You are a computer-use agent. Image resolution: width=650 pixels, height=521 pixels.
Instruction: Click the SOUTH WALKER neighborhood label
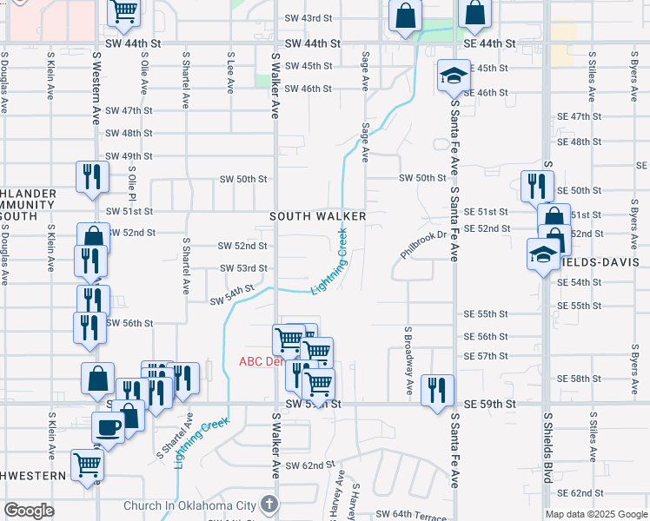pos(317,215)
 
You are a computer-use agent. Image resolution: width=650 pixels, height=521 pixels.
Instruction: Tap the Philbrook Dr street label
pos(423,244)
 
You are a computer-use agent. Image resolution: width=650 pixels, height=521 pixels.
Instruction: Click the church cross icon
pos(270,504)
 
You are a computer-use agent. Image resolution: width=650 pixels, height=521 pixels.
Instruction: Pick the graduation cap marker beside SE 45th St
pos(453,76)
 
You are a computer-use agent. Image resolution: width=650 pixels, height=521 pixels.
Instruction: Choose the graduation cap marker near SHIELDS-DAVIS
pos(543,254)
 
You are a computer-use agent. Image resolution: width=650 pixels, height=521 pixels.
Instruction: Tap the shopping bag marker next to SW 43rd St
pos(405,15)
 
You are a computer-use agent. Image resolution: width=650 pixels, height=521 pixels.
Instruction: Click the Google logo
pos(30,511)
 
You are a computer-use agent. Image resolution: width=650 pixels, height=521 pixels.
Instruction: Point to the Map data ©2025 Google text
pos(595,514)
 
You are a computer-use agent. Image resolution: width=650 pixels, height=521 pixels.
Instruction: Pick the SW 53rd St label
pos(242,268)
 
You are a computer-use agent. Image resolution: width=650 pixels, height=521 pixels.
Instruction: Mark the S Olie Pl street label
pos(133,190)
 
